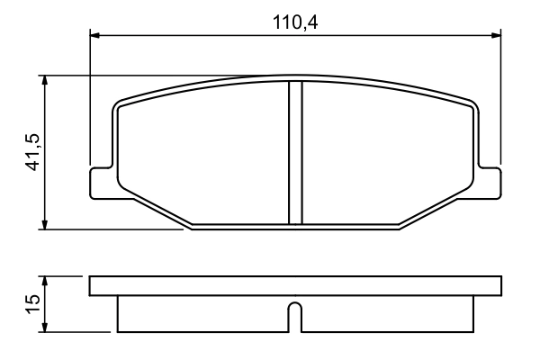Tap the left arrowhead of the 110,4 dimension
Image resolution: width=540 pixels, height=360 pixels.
point(94,36)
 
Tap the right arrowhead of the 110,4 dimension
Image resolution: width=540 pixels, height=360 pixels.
point(496,36)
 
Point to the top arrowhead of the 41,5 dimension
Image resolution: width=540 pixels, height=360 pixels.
point(44,79)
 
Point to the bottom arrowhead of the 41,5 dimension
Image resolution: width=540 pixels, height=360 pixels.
point(44,225)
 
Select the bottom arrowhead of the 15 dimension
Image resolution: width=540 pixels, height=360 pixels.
point(44,328)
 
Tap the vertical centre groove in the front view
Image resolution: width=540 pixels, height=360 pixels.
point(294,153)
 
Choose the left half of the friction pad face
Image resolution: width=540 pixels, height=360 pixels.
point(203,153)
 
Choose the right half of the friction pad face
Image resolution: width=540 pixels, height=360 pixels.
point(387,153)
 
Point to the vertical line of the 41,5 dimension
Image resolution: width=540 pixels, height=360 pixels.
point(44,117)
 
